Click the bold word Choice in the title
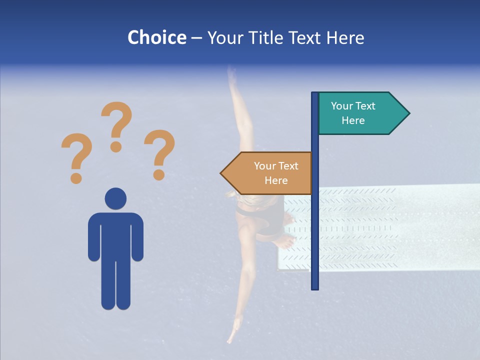[156, 37]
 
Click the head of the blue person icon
[115, 198]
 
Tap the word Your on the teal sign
[342, 106]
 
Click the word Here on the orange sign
[276, 180]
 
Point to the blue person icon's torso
[115, 235]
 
